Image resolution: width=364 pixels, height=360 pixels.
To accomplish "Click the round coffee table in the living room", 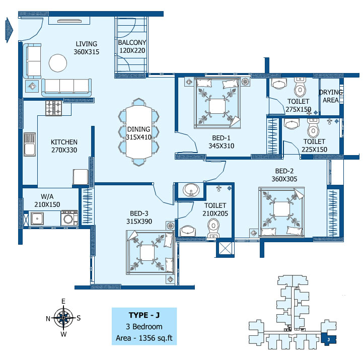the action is (x=58, y=63).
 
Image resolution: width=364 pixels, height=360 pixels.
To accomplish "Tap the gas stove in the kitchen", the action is (x=54, y=108).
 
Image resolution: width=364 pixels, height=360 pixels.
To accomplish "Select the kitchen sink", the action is (x=30, y=144).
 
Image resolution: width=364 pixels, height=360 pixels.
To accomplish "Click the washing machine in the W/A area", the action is (x=69, y=218).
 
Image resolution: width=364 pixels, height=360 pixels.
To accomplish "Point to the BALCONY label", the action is (x=132, y=42).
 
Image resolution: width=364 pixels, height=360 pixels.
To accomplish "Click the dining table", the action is (x=139, y=132).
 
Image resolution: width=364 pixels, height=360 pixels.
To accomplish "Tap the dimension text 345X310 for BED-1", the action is (x=221, y=146).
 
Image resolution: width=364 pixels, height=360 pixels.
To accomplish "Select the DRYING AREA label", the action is (x=331, y=96).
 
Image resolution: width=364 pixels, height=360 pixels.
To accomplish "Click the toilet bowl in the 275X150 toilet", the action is (x=300, y=88).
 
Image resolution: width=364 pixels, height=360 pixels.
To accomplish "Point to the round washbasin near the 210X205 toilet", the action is (x=191, y=190).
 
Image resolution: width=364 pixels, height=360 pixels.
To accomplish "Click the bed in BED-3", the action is (x=150, y=253).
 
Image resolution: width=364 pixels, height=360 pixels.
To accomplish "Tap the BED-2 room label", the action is (x=284, y=171).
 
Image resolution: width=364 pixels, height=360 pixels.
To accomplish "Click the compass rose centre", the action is (x=63, y=318).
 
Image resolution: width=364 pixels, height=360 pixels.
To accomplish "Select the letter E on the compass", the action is (x=63, y=301).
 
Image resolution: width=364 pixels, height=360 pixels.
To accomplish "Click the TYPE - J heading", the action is (x=144, y=315).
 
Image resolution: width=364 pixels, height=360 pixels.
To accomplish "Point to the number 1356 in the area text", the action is (x=147, y=338).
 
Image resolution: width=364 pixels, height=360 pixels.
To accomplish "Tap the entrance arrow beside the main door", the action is (x=9, y=30).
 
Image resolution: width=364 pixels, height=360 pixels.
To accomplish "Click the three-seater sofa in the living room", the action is (x=66, y=87).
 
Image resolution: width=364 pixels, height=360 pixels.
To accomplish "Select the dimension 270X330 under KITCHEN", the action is (x=64, y=150).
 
